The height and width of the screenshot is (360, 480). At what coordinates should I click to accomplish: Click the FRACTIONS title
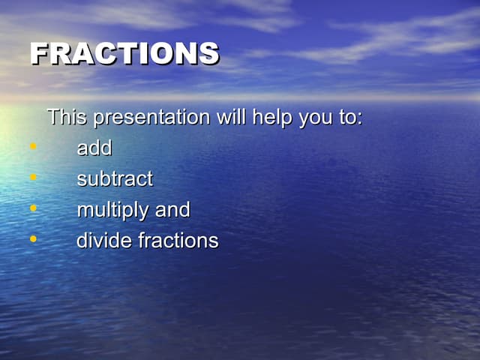[124, 53]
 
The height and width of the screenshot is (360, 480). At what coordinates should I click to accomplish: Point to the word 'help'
[272, 118]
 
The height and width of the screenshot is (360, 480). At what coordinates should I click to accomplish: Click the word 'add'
[94, 148]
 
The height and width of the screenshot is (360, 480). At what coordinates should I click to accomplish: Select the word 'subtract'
[115, 179]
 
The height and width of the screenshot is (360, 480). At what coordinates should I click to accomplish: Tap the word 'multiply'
[113, 211]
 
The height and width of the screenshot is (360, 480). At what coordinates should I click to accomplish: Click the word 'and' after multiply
[172, 210]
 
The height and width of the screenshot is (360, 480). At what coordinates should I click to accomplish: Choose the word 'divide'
[104, 241]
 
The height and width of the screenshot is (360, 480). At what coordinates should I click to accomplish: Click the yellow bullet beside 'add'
[33, 146]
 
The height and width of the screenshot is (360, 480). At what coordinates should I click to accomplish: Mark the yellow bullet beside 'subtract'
[33, 177]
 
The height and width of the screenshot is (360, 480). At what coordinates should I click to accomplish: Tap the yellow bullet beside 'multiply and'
[33, 208]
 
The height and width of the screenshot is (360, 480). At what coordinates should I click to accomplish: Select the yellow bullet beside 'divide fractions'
[33, 238]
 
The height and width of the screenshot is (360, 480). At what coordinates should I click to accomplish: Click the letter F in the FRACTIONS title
[40, 53]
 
